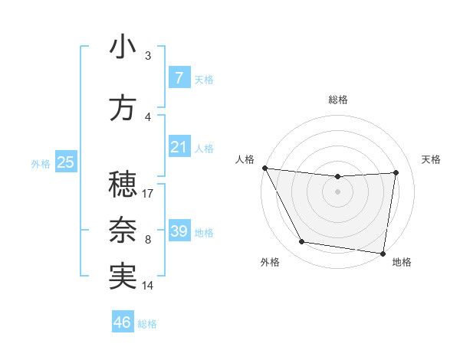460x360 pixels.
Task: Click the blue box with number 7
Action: [179, 78]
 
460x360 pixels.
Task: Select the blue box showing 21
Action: [179, 147]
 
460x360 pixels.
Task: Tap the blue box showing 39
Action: [179, 231]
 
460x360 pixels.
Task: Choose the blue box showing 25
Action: [65, 162]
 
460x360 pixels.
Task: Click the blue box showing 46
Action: [123, 322]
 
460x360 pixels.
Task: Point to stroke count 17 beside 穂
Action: [149, 193]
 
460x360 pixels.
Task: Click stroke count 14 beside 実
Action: [149, 285]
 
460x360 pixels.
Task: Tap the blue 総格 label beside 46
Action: [147, 324]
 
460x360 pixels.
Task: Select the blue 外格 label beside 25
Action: [41, 163]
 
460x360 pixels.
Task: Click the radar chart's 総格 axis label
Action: [338, 100]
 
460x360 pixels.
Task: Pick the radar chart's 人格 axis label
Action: [245, 159]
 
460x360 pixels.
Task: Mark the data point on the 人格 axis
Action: [264, 168]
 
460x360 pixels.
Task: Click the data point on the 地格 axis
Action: [383, 253]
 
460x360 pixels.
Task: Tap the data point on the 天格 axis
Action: [396, 172]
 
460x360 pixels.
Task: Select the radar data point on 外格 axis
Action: [302, 243]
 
